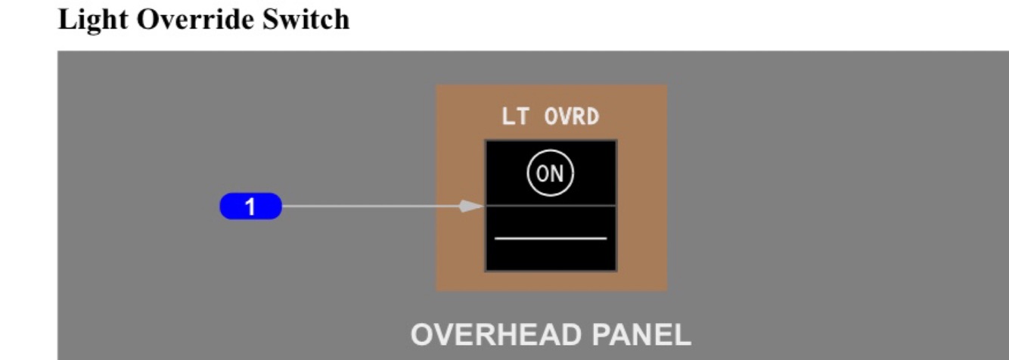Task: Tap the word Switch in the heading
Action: click(306, 20)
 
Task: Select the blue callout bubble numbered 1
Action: click(250, 206)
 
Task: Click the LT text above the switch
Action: click(514, 116)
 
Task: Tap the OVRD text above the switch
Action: click(572, 116)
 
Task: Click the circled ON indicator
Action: click(550, 174)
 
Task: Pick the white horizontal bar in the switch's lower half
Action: click(550, 238)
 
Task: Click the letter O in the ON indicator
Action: click(543, 174)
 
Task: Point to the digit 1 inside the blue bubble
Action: click(250, 206)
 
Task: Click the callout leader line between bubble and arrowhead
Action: click(371, 206)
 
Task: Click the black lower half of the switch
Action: click(550, 257)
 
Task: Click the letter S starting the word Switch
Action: click(269, 20)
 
